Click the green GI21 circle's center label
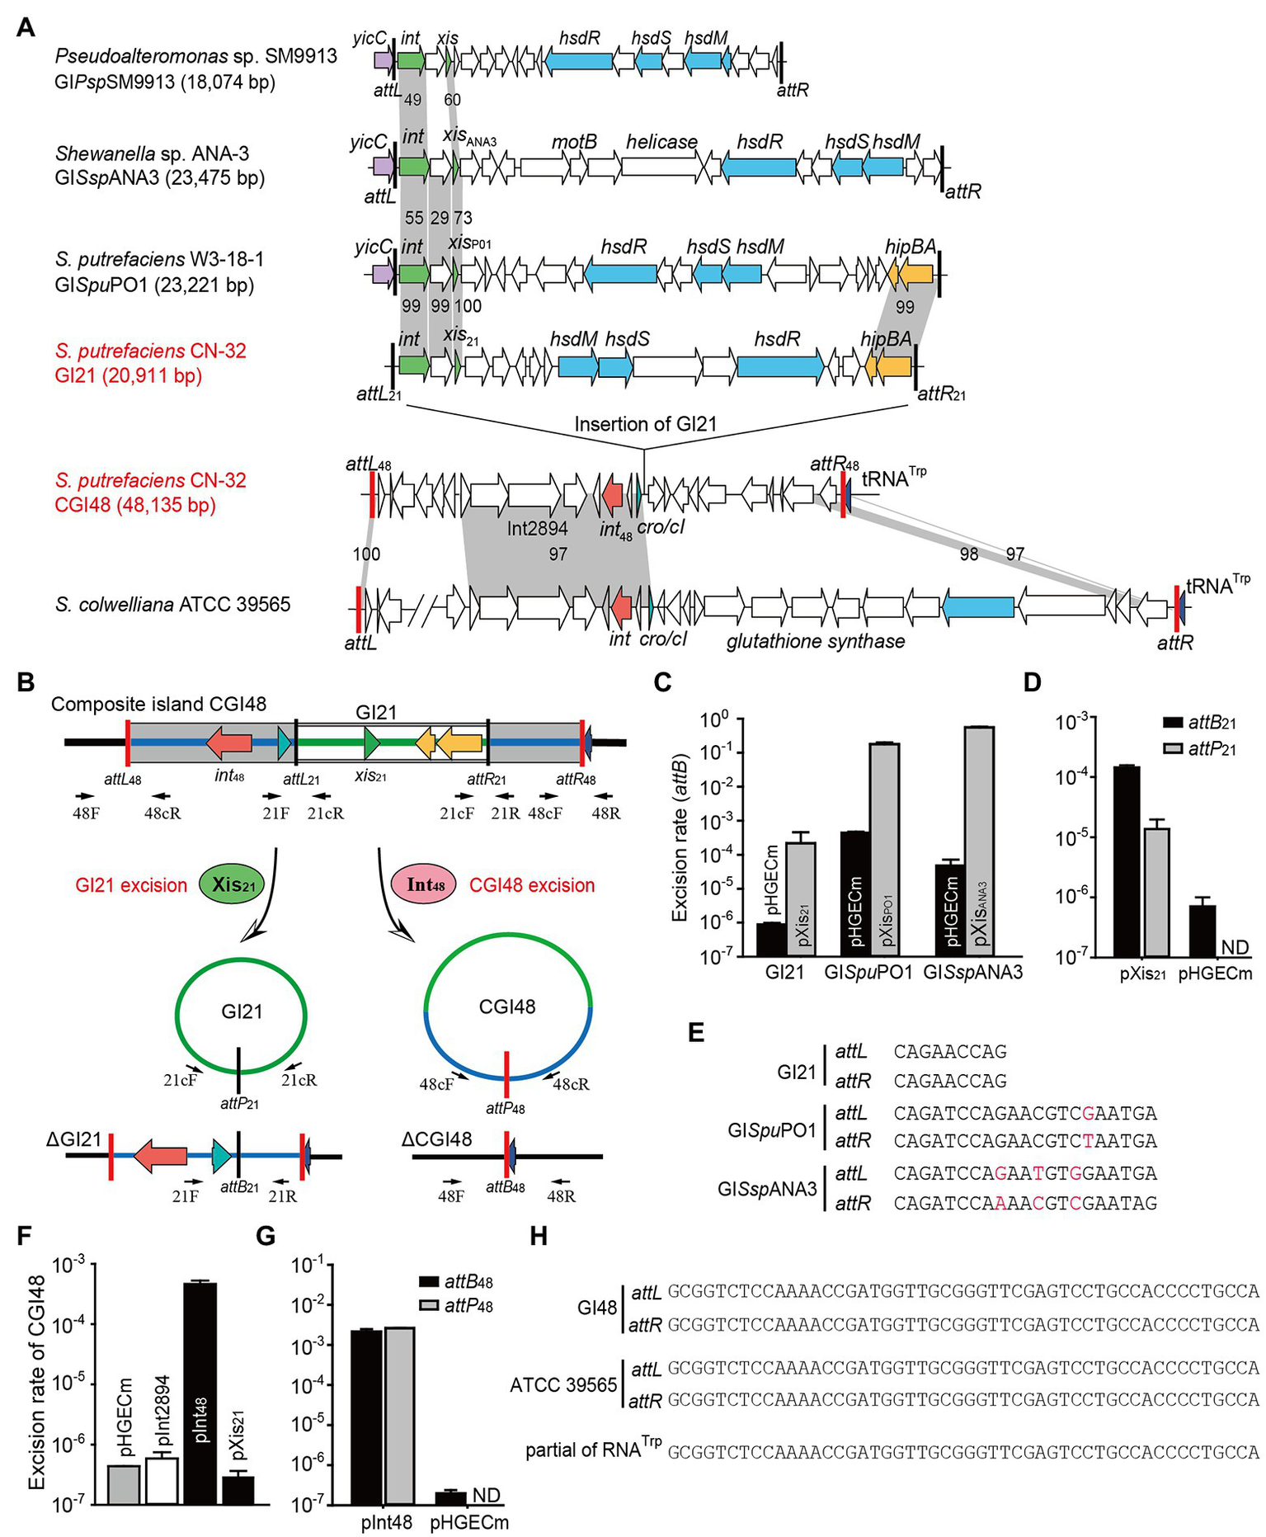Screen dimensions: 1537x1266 point(242,1011)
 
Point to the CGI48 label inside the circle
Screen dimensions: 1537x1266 point(507,1007)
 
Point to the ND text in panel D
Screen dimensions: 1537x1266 point(1235,947)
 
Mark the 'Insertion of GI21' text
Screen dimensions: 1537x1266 point(646,424)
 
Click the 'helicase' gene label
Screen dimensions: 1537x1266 point(661,142)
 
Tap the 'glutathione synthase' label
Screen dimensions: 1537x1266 point(816,641)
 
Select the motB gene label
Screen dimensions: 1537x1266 point(574,142)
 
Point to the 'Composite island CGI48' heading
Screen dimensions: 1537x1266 point(159,704)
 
